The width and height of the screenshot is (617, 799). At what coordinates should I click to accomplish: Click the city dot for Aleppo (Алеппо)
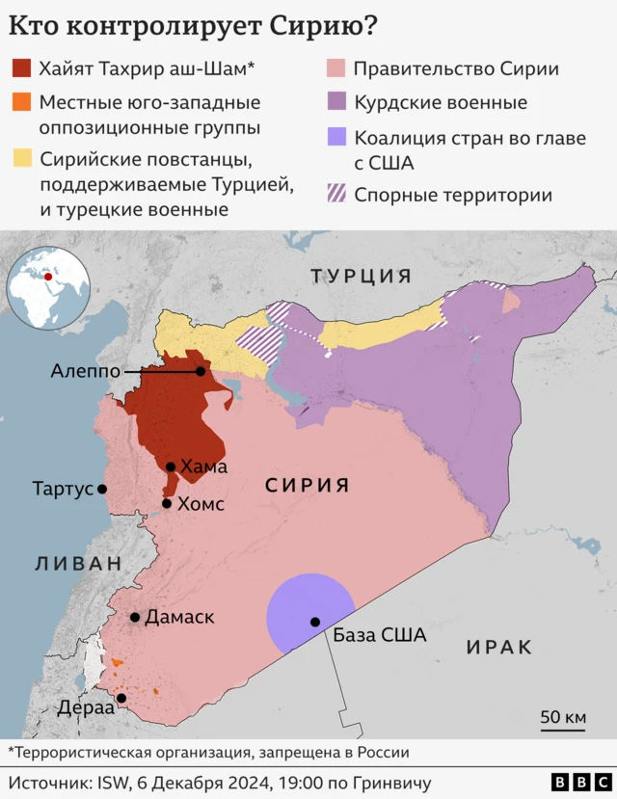tap(201, 371)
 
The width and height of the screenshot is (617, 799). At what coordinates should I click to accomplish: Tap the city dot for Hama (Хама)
tap(171, 466)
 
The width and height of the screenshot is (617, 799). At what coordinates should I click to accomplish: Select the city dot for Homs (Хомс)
tap(168, 503)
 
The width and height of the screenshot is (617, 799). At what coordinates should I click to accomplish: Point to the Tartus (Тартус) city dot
tap(102, 489)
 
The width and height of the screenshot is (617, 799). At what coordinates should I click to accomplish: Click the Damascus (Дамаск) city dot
tap(136, 617)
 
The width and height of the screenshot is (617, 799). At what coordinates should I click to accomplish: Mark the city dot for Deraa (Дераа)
tap(121, 698)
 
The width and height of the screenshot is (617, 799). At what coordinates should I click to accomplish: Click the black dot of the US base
tap(314, 622)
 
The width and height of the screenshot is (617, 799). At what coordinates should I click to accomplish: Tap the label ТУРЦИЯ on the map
tap(361, 277)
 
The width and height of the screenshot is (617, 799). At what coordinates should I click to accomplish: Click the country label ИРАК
tap(498, 648)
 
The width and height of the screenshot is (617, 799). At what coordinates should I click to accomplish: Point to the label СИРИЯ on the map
tap(308, 486)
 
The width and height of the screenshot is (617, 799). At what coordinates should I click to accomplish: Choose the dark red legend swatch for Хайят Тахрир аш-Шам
tap(21, 68)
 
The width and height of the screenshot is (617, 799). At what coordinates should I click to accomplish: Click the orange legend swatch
tap(21, 101)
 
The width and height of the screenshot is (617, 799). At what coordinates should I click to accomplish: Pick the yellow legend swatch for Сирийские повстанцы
tap(21, 157)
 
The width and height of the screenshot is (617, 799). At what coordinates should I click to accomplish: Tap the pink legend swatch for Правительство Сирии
tap(335, 68)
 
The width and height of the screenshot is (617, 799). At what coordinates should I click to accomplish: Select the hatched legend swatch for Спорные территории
tap(335, 195)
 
